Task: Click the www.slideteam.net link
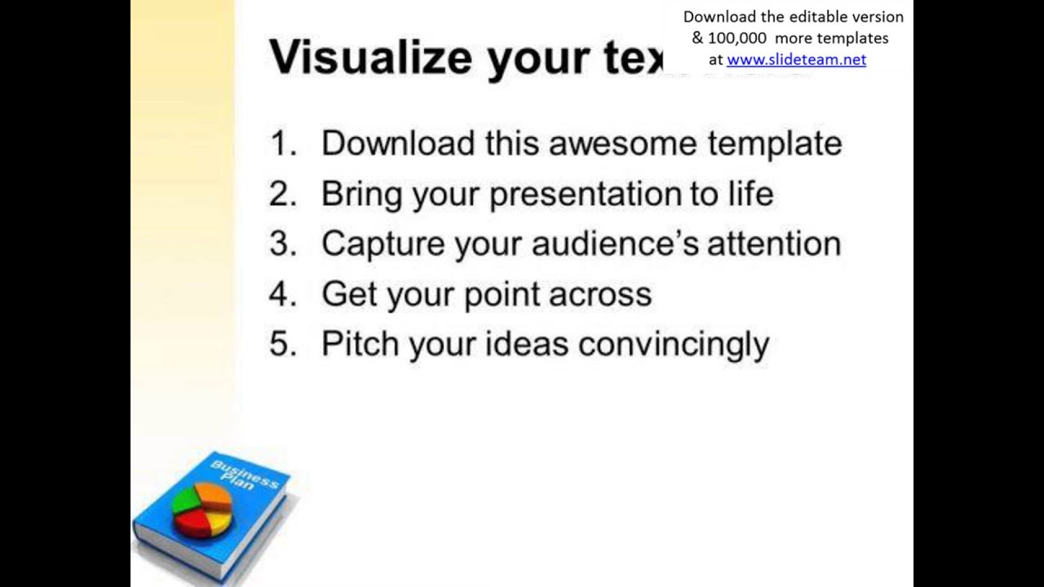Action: point(796,60)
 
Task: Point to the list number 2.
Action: point(282,194)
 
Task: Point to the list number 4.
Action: point(282,294)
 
